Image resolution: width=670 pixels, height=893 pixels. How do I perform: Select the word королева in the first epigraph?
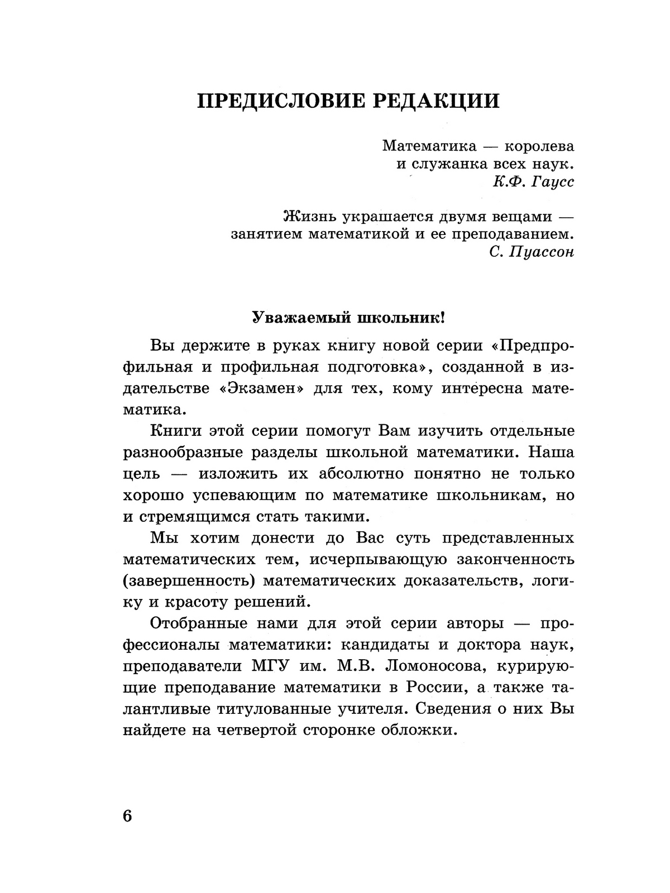point(539,146)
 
